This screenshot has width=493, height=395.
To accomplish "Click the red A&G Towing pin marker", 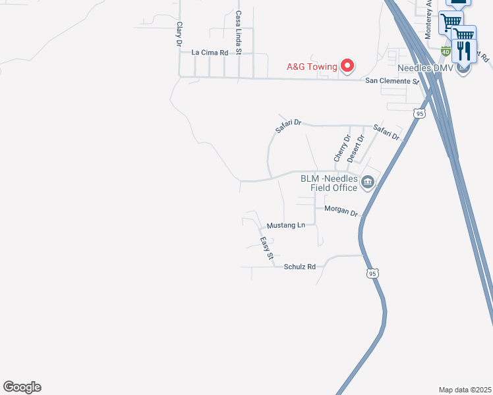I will point(347,65).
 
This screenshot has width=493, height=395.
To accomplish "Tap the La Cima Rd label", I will point(210,52).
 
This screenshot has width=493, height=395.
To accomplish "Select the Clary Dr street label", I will point(179,34).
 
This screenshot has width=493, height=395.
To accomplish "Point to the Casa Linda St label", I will point(239,32).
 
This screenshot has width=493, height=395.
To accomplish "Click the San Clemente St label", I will point(392,81).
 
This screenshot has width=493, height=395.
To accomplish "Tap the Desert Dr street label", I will point(357,149).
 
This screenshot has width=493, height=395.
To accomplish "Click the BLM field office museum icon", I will point(368,182).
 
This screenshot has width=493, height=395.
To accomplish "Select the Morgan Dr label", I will point(341,213).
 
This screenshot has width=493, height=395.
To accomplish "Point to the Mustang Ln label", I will point(285,225).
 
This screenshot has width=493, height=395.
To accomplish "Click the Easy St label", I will point(266,249).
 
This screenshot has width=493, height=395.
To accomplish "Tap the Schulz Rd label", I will point(300,267).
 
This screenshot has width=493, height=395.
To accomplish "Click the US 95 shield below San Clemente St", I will point(420,114).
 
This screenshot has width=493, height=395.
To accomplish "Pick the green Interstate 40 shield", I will point(446,51).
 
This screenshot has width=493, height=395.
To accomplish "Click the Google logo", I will point(22,387).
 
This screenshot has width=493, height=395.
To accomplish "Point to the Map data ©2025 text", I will point(465,390).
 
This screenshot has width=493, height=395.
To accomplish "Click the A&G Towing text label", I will point(311,66).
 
